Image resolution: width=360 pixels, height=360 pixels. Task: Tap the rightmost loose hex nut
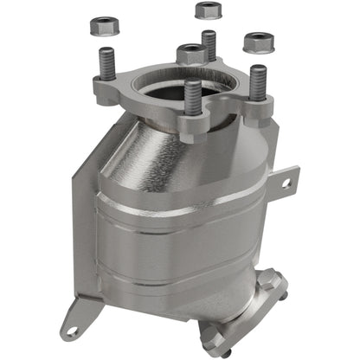258,41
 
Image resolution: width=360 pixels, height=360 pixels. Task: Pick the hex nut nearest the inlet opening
190,54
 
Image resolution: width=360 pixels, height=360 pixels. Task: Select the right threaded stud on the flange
258,80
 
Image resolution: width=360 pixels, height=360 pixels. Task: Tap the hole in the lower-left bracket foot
73,331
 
